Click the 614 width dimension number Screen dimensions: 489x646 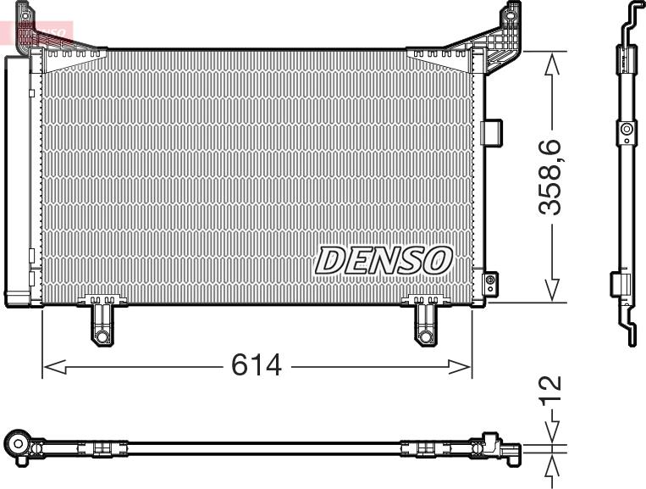pyautogui.click(x=257, y=365)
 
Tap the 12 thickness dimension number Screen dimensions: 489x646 pyautogui.click(x=552, y=392)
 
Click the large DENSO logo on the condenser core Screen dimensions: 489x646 pyautogui.click(x=384, y=260)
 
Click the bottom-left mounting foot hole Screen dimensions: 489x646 pyautogui.click(x=102, y=336)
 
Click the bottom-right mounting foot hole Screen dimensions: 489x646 pyautogui.click(x=425, y=336)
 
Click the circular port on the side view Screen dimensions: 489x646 pyautogui.click(x=626, y=130)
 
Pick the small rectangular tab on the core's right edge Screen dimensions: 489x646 pyautogui.click(x=491, y=131)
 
